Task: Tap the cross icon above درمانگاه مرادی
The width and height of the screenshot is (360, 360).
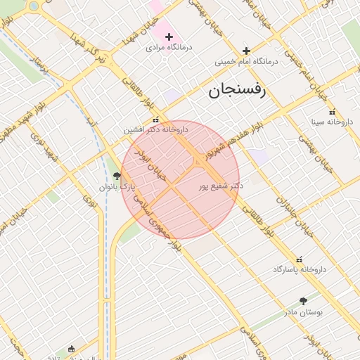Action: pos(169,37)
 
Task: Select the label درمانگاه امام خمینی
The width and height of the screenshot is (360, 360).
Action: pos(247,61)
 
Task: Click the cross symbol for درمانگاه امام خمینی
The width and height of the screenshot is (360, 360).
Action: pos(246,51)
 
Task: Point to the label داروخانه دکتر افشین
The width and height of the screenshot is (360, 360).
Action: pos(157,129)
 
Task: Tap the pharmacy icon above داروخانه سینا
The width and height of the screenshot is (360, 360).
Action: pos(332,112)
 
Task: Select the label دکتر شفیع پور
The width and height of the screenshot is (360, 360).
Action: pos(221,186)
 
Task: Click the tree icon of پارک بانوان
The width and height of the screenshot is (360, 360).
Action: pos(116,176)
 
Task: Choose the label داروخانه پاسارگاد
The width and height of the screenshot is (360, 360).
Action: pos(300,269)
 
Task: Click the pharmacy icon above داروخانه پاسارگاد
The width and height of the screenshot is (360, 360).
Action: pos(300,259)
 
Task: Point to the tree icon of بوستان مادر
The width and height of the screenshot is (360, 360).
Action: pos(303,301)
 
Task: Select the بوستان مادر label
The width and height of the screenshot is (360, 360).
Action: pos(303,311)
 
